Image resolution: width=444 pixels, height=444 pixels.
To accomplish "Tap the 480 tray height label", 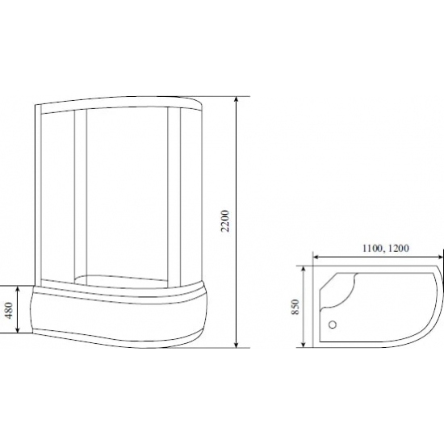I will (9, 311).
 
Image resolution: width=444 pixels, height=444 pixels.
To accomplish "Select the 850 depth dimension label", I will (296, 307).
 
